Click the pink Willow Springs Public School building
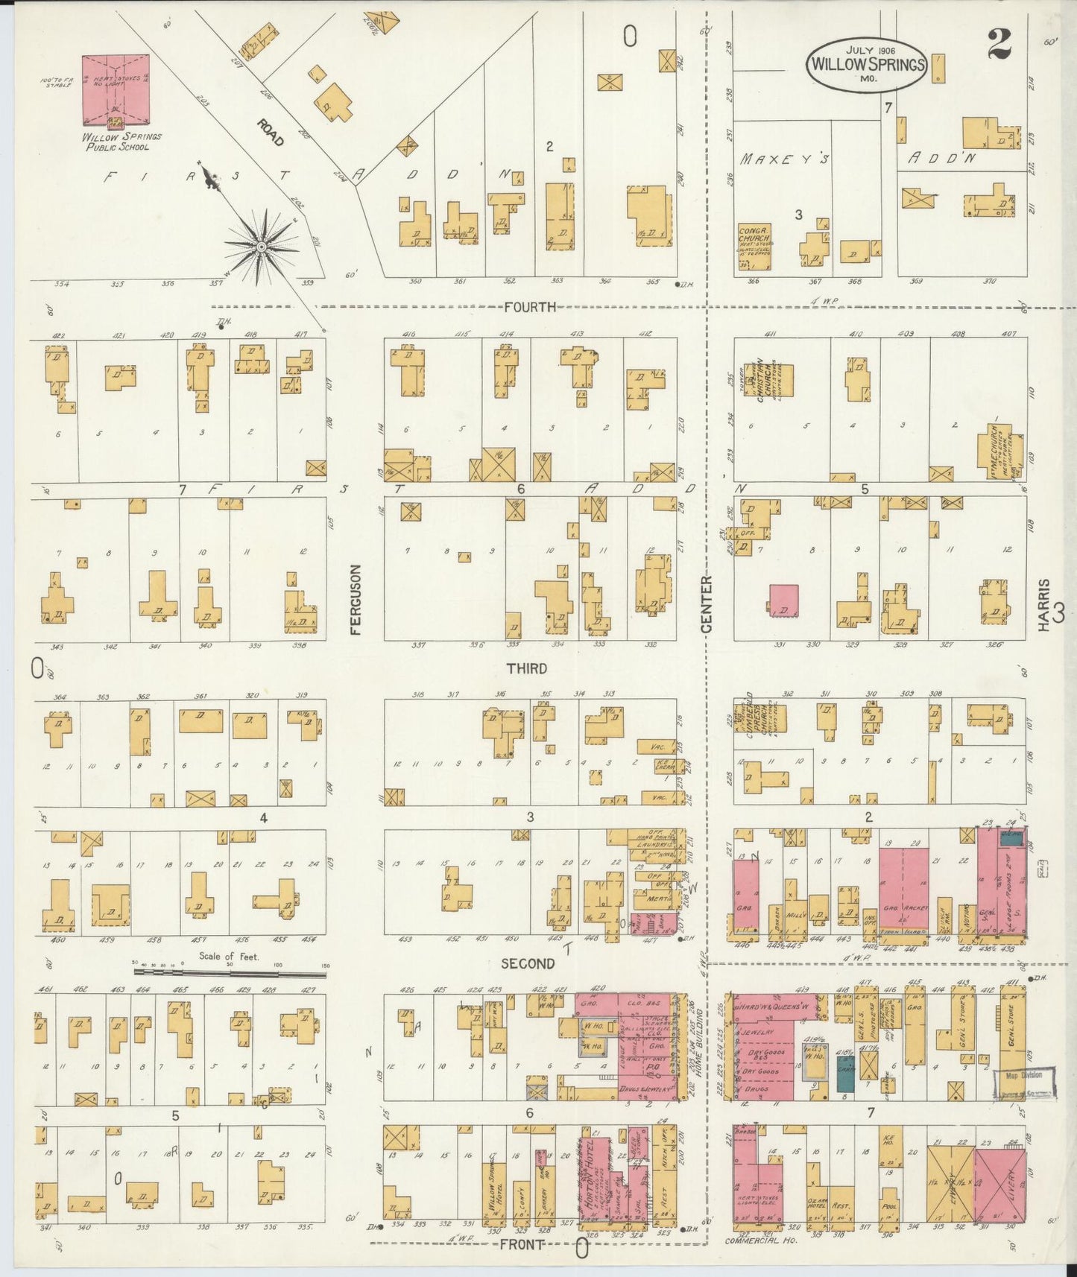(x=116, y=89)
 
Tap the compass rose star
(x=262, y=247)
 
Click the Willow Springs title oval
(x=866, y=64)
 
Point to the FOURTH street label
(x=530, y=306)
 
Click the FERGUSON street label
(x=356, y=599)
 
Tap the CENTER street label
(x=706, y=603)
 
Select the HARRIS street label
(x=1045, y=605)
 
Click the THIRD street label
(x=527, y=668)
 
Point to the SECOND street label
(x=528, y=963)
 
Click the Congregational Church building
(x=754, y=247)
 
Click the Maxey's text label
(x=785, y=159)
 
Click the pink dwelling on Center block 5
(x=783, y=601)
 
